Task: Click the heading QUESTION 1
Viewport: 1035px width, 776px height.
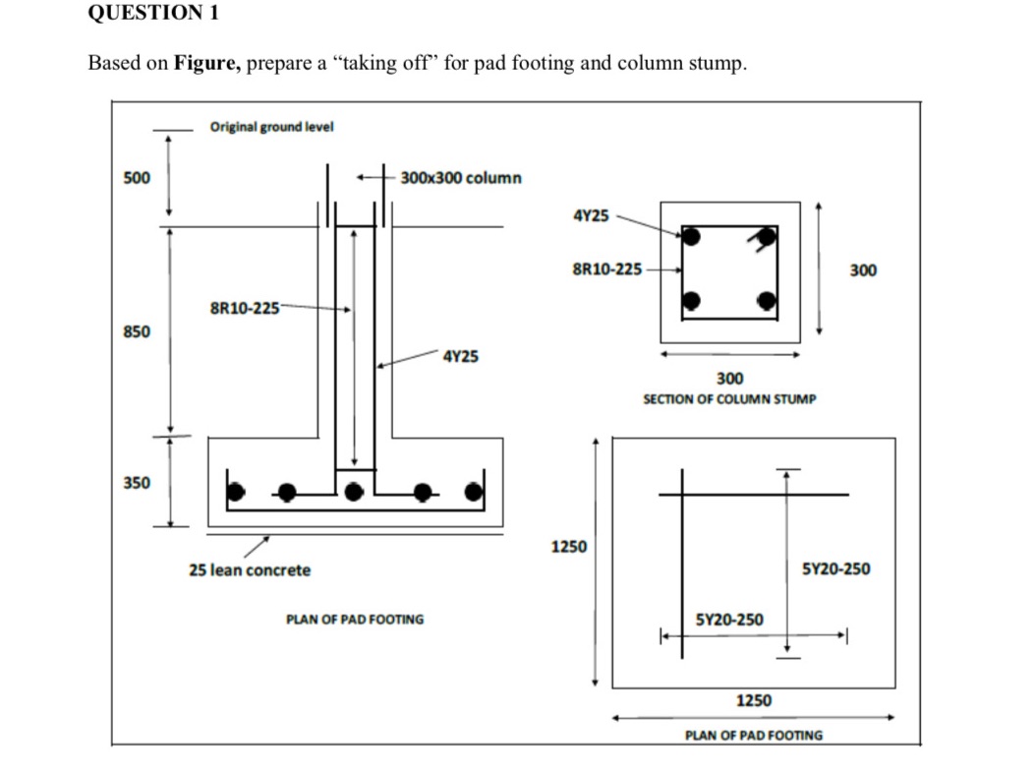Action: tap(153, 14)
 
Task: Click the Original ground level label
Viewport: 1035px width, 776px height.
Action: tap(271, 127)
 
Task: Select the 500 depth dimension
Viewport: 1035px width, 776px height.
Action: tap(136, 178)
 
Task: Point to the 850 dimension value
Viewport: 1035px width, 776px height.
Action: tap(136, 331)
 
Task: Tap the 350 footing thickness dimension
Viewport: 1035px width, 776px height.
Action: tap(136, 483)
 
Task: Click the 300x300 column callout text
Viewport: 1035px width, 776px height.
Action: tap(461, 178)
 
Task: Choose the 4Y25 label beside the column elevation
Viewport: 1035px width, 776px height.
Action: tap(461, 356)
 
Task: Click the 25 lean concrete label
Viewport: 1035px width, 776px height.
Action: tap(250, 570)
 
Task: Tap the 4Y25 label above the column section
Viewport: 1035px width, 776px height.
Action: tap(590, 215)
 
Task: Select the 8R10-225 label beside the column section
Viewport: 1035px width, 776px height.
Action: tap(606, 269)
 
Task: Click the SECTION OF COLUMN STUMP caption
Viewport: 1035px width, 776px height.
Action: tap(728, 400)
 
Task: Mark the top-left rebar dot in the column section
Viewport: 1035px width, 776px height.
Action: tap(692, 237)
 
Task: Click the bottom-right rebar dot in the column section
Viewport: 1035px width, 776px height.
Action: tap(767, 301)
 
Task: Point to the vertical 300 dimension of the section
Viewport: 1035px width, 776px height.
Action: tap(862, 269)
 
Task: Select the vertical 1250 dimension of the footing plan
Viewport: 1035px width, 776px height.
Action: tap(569, 546)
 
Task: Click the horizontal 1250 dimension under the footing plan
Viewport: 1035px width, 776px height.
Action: tap(754, 700)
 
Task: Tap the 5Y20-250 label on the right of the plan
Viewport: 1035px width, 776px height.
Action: tap(835, 568)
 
